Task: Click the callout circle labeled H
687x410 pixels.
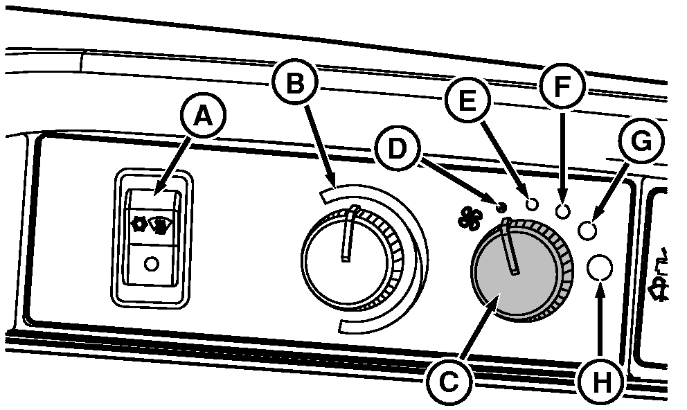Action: tap(600, 379)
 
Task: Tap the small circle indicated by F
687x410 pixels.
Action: tap(562, 211)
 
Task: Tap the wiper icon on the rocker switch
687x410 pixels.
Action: tap(161, 225)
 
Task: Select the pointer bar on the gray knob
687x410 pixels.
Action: tap(511, 247)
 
